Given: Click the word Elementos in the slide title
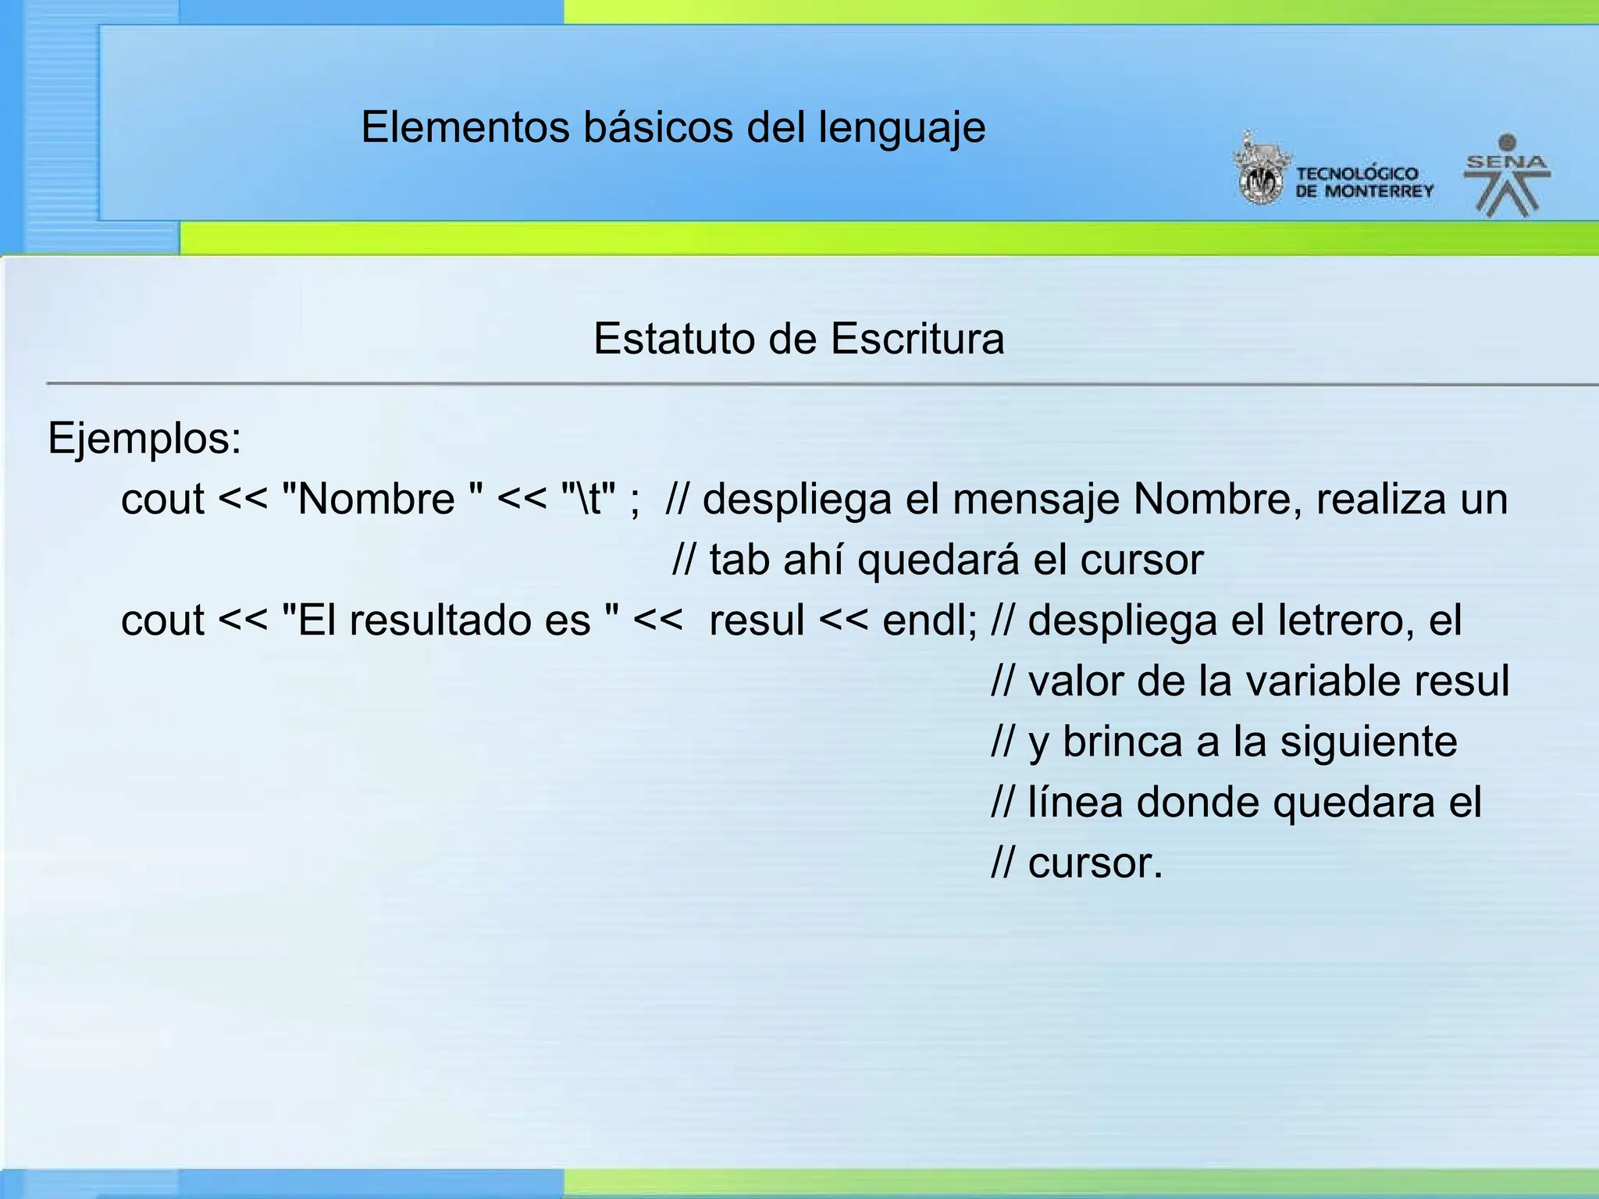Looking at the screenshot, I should coord(465,127).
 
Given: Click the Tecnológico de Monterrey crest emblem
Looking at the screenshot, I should coord(1259,171).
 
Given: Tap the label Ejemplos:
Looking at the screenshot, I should coord(144,439).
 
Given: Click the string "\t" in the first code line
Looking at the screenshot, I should coord(589,499).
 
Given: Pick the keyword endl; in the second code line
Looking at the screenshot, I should coord(929,621).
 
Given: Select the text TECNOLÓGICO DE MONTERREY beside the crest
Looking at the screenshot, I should coord(1364,182).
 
